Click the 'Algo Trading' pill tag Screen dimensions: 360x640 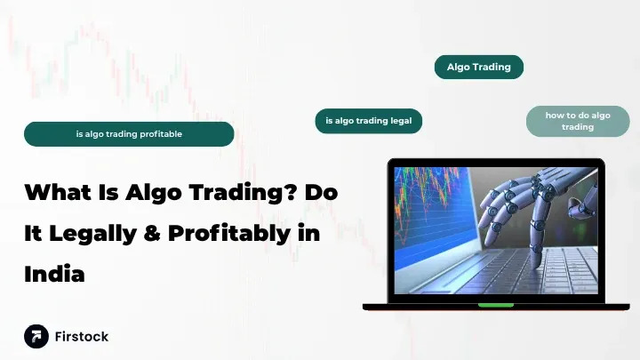pos(478,67)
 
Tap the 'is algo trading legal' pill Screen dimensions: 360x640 pos(368,121)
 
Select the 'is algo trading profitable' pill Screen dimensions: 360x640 pos(129,134)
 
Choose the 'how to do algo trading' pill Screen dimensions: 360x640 pos(577,121)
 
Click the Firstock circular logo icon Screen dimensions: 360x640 pos(36,336)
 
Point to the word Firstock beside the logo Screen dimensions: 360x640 pos(82,337)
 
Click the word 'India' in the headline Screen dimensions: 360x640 pos(54,274)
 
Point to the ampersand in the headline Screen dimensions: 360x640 pos(169,233)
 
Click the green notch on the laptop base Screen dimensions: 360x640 pos(495,305)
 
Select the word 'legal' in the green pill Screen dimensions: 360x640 pos(397,121)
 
